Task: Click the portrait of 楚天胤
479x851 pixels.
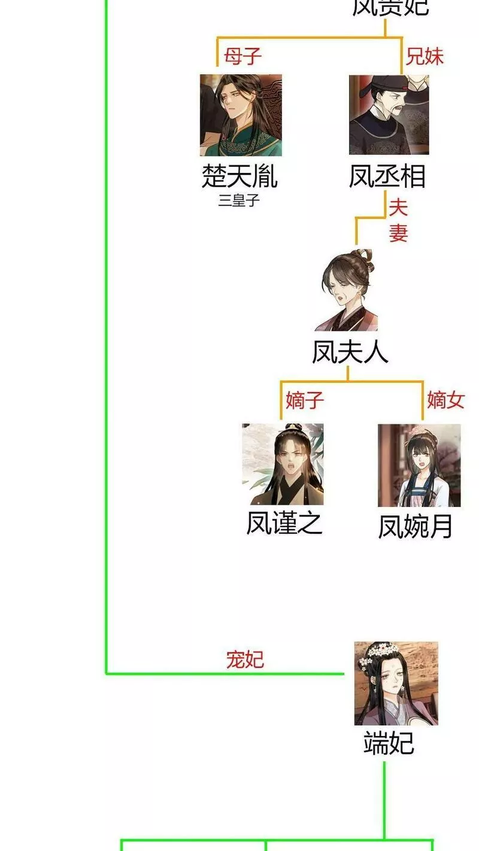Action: (x=241, y=115)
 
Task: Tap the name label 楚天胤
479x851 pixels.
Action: (x=239, y=176)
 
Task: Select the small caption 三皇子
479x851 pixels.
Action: (x=239, y=200)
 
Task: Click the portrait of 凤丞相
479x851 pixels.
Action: (x=389, y=115)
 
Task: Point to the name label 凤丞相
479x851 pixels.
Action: (x=387, y=176)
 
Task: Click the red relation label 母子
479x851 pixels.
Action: (x=243, y=56)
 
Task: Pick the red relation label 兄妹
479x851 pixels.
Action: (x=425, y=56)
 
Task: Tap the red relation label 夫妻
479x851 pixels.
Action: (x=398, y=220)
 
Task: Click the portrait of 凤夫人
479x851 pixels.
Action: (x=347, y=291)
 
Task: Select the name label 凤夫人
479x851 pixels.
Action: (x=350, y=352)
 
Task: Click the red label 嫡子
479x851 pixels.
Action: (x=305, y=400)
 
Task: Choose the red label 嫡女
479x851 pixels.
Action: (x=445, y=400)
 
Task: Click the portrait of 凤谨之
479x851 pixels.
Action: (x=283, y=464)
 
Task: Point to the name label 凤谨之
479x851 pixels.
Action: (x=284, y=523)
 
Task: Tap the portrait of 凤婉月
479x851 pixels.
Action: (x=419, y=466)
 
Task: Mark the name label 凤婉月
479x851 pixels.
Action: (x=415, y=526)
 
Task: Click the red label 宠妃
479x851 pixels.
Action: (x=245, y=659)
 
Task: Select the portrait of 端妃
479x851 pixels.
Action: (x=396, y=683)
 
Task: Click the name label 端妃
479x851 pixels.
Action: (x=389, y=743)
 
